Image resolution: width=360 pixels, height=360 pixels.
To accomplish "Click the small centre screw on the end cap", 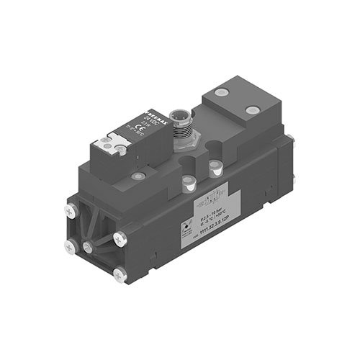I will click(x=87, y=248).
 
